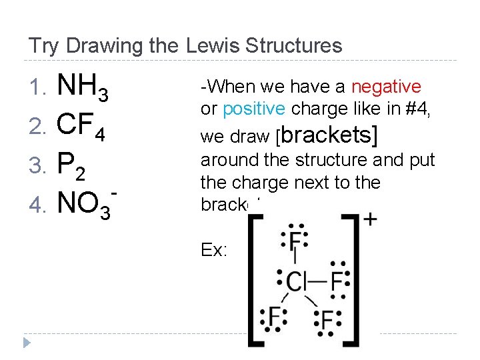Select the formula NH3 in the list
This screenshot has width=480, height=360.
pyautogui.click(x=83, y=88)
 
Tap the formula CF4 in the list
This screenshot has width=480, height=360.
pyautogui.click(x=81, y=125)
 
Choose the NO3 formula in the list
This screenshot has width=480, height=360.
pyautogui.click(x=85, y=203)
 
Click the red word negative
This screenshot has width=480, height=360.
pyautogui.click(x=386, y=87)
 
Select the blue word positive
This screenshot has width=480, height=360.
pyautogui.click(x=255, y=108)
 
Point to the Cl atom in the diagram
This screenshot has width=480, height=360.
pyautogui.click(x=295, y=281)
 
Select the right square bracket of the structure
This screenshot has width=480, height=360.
pyautogui.click(x=353, y=279)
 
